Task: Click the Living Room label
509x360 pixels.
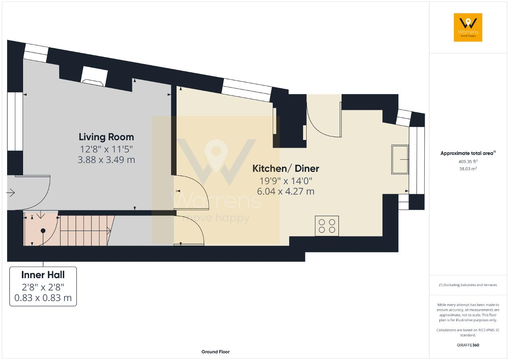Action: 106,137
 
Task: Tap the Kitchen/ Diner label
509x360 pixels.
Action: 286,168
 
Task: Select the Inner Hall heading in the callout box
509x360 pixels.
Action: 43,275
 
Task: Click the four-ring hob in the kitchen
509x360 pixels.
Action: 327,226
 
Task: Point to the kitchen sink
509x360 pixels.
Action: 400,159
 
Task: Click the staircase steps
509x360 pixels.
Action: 85,230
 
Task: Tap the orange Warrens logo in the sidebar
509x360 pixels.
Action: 468,27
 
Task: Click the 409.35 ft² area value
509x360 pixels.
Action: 468,162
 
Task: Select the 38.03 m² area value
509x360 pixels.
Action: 468,169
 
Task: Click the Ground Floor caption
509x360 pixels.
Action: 216,352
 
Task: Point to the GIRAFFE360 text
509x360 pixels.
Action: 468,345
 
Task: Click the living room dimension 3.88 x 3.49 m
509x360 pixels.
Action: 106,160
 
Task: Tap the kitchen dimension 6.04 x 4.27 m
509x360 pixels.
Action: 286,192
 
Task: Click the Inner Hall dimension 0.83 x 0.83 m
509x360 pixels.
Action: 43,298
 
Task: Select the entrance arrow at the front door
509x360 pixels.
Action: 10,193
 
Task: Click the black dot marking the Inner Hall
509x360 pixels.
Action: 43,231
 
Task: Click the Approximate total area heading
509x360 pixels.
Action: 468,153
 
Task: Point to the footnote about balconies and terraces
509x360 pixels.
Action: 468,285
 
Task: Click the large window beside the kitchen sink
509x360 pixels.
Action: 417,161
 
